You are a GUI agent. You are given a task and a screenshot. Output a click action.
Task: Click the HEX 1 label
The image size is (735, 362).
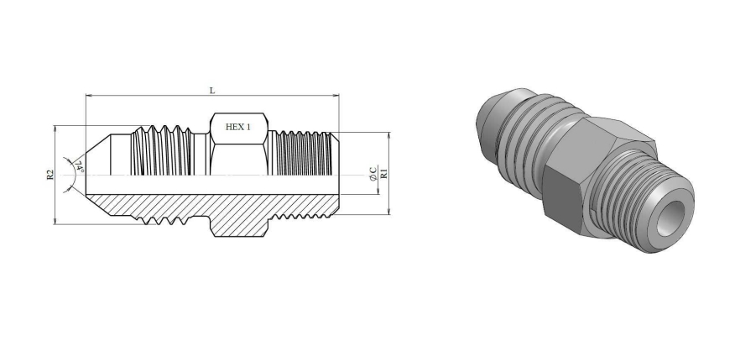click(x=238, y=127)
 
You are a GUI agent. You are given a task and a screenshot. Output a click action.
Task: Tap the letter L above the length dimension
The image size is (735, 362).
click(x=212, y=90)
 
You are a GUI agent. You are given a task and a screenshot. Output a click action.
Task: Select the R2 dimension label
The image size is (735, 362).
click(x=50, y=175)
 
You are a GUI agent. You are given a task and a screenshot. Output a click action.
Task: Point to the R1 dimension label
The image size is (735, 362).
click(x=384, y=173)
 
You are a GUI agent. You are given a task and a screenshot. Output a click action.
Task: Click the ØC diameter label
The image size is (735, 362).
click(x=373, y=174)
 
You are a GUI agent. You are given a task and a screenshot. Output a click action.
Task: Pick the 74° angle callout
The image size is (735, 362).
click(x=79, y=167)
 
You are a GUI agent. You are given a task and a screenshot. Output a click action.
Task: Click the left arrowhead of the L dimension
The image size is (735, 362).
click(x=89, y=96)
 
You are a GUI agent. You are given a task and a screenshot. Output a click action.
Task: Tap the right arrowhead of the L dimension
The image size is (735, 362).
click(x=336, y=96)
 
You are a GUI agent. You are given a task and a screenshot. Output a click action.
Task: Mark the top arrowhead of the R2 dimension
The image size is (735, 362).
click(x=55, y=129)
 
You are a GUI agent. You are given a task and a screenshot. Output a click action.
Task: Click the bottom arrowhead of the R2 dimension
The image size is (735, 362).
click(x=55, y=221)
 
